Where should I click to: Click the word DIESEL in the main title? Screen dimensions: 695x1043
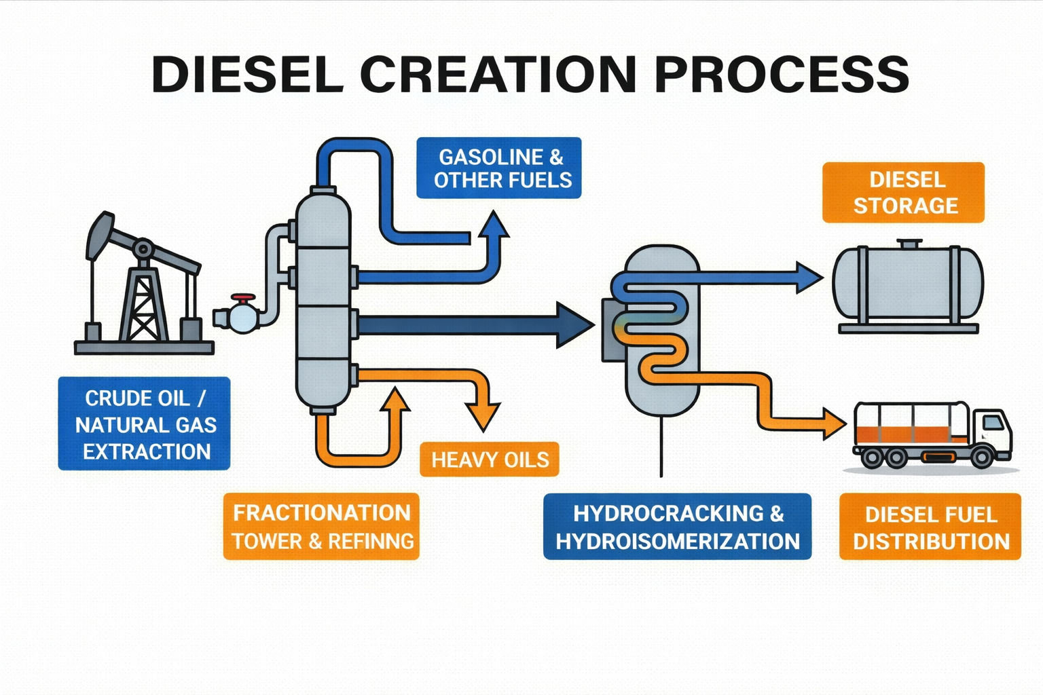coord(247,74)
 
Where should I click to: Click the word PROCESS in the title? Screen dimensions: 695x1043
coord(781,74)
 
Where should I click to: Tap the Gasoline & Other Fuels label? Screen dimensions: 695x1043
coord(499,168)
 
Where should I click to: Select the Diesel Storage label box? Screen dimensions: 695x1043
coord(903,192)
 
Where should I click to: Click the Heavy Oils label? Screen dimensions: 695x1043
coord(490,459)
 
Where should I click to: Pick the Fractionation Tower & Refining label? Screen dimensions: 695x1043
coord(321,527)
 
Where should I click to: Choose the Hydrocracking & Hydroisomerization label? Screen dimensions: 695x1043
coord(677,527)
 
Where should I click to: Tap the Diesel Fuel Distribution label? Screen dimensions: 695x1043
coord(930,527)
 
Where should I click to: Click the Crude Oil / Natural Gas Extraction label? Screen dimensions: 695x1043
coord(144,424)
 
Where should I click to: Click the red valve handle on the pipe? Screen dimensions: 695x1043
coord(242,299)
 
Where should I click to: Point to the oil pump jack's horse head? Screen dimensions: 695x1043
coord(99,234)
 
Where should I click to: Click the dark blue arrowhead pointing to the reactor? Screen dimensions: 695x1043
coord(574,326)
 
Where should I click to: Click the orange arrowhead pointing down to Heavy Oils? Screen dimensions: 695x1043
coord(483,415)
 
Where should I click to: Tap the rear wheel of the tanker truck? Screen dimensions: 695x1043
coord(873,458)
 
